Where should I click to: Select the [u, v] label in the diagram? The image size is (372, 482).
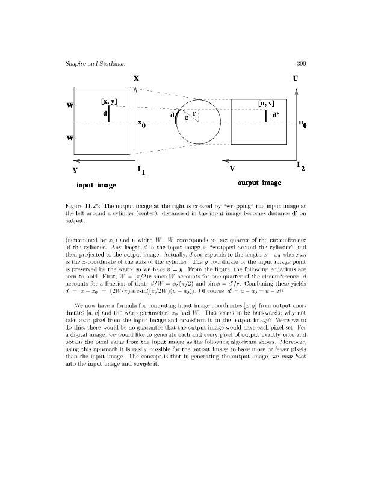click(x=265, y=104)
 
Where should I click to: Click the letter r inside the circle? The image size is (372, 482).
click(x=194, y=113)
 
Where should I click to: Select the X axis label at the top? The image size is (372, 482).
click(x=137, y=78)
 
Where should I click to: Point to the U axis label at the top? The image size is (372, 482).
click(x=295, y=78)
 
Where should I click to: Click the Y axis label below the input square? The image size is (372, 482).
click(x=75, y=171)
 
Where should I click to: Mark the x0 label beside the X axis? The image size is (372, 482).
click(x=142, y=124)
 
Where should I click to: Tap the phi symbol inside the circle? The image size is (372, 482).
click(x=187, y=118)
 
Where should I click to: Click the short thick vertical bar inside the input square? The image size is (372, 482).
click(x=109, y=114)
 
